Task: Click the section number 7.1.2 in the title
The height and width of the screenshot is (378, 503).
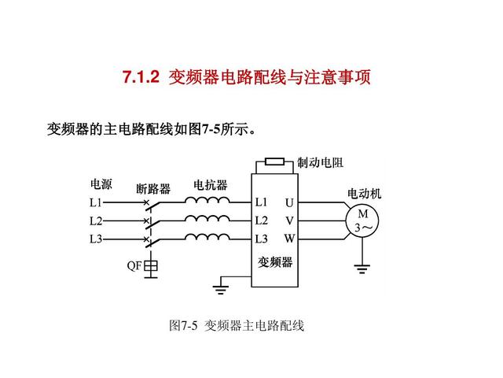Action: [141, 77]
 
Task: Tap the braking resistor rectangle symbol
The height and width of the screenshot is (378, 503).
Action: [274, 161]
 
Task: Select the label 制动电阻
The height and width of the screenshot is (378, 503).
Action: [320, 163]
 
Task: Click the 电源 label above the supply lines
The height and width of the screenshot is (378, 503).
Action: [101, 184]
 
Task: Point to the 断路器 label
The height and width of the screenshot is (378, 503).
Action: [153, 189]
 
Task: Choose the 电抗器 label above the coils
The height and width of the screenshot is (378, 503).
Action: [211, 185]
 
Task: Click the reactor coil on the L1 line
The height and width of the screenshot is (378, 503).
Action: [207, 200]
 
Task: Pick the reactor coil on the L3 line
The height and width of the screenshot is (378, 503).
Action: [207, 237]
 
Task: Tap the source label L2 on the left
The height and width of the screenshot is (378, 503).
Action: [96, 221]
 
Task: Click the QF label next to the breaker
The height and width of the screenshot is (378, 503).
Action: [134, 265]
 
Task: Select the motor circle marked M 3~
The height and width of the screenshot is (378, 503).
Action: [362, 221]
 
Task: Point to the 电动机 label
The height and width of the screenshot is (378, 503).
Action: [365, 194]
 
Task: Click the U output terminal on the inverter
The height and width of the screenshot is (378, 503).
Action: [289, 203]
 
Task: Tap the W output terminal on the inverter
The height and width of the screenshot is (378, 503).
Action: [289, 239]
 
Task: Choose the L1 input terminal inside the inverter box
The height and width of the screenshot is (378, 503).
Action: [261, 202]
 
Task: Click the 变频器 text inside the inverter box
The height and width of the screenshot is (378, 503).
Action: [275, 262]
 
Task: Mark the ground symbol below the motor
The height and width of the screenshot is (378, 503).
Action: [362, 269]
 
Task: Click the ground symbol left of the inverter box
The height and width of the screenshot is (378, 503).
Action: [220, 290]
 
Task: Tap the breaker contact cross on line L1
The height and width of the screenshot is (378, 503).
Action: [146, 202]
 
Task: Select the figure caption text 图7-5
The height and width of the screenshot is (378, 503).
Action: [183, 325]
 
